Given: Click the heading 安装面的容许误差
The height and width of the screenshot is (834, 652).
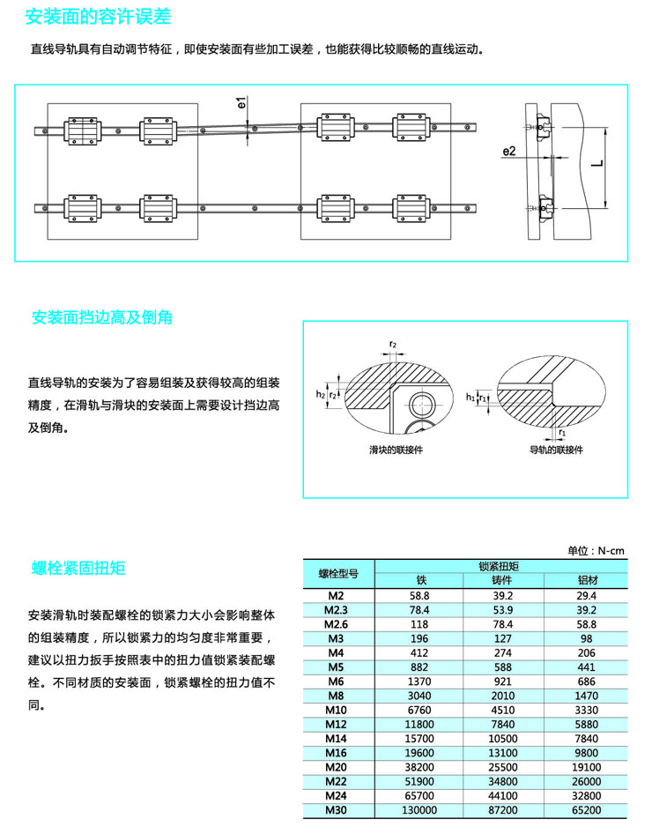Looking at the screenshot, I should [98, 17].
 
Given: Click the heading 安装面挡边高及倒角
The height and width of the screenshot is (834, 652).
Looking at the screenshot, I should [101, 316].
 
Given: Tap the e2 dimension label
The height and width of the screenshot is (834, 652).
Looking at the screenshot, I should [508, 152].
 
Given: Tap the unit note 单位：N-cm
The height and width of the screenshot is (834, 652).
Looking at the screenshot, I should [596, 551].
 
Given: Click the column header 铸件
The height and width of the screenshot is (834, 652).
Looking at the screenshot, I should [502, 580].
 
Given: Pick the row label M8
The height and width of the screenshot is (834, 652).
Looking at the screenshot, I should [335, 695].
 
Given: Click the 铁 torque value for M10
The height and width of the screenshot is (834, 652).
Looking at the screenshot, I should [420, 710].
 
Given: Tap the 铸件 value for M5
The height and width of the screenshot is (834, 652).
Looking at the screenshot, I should [502, 667].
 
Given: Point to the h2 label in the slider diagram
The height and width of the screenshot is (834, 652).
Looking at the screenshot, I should [322, 396].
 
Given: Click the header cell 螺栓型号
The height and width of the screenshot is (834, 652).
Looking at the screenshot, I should [338, 573].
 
